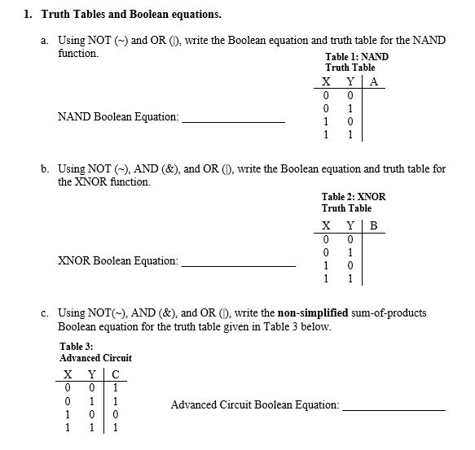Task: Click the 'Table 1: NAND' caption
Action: [x=357, y=56]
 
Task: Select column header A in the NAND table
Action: [x=374, y=81]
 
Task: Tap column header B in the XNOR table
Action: [x=374, y=225]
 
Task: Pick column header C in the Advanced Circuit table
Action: [x=117, y=374]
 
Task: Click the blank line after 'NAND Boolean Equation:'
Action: [x=234, y=121]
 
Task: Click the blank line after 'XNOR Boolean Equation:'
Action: [x=239, y=265]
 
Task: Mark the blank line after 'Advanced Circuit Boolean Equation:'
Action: [x=394, y=409]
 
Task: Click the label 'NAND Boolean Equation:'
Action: [x=118, y=117]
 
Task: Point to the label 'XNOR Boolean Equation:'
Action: [x=118, y=261]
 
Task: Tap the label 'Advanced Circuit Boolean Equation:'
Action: [x=255, y=404]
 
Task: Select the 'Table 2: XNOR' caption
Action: [x=354, y=197]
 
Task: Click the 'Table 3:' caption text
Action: [x=77, y=346]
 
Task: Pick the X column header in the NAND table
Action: [x=326, y=81]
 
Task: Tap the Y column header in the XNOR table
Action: [x=350, y=225]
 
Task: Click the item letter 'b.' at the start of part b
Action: [x=46, y=168]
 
